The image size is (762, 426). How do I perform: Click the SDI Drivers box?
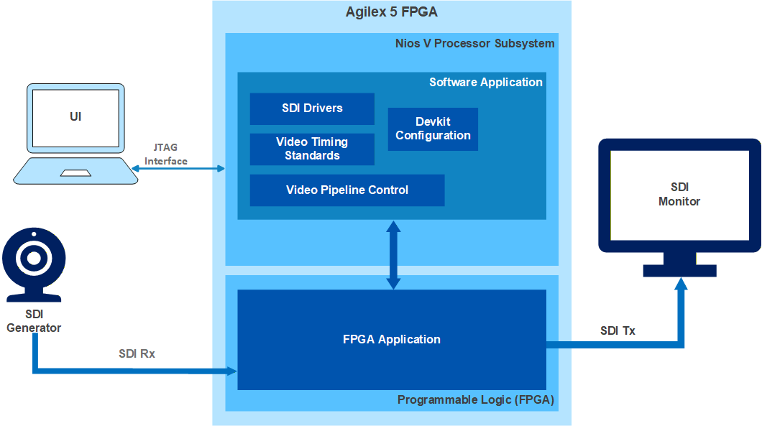[x=312, y=108]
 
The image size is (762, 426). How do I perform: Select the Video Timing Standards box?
[x=312, y=149]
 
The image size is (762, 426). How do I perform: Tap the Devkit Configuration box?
[x=433, y=129]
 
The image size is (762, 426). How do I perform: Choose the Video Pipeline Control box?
[x=347, y=190]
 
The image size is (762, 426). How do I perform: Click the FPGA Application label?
[x=392, y=339]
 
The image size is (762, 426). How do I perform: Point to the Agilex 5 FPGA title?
[x=392, y=11]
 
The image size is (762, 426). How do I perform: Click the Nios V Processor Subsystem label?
[x=474, y=43]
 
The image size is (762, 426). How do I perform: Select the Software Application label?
[x=486, y=82]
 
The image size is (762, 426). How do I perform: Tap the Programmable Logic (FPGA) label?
[x=476, y=399]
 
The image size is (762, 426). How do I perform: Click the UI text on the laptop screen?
[x=75, y=116]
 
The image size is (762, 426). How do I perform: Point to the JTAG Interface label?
[x=166, y=154]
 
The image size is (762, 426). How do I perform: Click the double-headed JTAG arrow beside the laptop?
[x=178, y=169]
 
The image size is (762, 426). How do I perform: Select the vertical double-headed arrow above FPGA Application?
[x=393, y=255]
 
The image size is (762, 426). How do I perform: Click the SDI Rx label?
[x=137, y=353]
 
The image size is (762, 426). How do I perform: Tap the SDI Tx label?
[x=618, y=330]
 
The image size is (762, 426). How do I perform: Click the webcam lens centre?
[x=34, y=258]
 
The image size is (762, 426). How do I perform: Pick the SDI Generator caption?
[x=34, y=321]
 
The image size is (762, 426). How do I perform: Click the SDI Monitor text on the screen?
[x=679, y=194]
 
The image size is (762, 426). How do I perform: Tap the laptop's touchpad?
[x=75, y=173]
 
